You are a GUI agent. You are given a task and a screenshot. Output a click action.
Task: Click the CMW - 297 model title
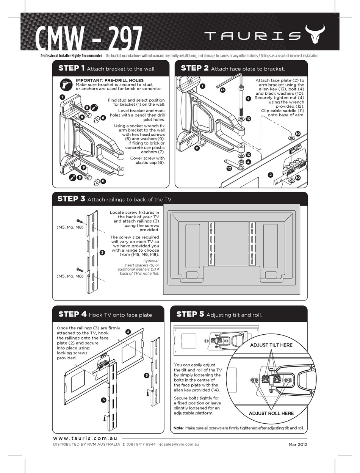tap(89, 38)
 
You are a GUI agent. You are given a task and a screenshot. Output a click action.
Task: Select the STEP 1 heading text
tap(71, 68)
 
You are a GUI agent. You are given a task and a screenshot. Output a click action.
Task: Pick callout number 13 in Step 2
tap(222, 90)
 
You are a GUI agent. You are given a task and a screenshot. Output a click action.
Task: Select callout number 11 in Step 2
tap(197, 148)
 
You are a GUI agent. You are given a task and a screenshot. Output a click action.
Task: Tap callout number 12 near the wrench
tap(229, 168)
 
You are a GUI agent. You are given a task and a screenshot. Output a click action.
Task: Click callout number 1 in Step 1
tap(62, 97)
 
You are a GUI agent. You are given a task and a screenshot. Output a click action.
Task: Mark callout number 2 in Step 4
tap(128, 332)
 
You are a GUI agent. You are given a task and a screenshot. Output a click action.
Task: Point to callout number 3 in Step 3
tap(102, 252)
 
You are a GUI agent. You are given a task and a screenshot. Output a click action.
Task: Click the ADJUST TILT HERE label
tap(271, 345)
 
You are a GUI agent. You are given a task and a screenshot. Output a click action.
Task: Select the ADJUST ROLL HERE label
tap(271, 413)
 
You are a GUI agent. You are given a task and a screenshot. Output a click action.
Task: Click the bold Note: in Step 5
tap(178, 428)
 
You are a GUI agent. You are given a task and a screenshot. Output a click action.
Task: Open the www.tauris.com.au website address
tap(85, 438)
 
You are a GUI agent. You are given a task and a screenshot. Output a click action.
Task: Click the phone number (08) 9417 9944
tap(141, 444)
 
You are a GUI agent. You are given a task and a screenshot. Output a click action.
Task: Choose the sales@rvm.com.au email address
tap(182, 444)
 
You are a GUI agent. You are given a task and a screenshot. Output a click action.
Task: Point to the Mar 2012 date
tap(297, 444)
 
